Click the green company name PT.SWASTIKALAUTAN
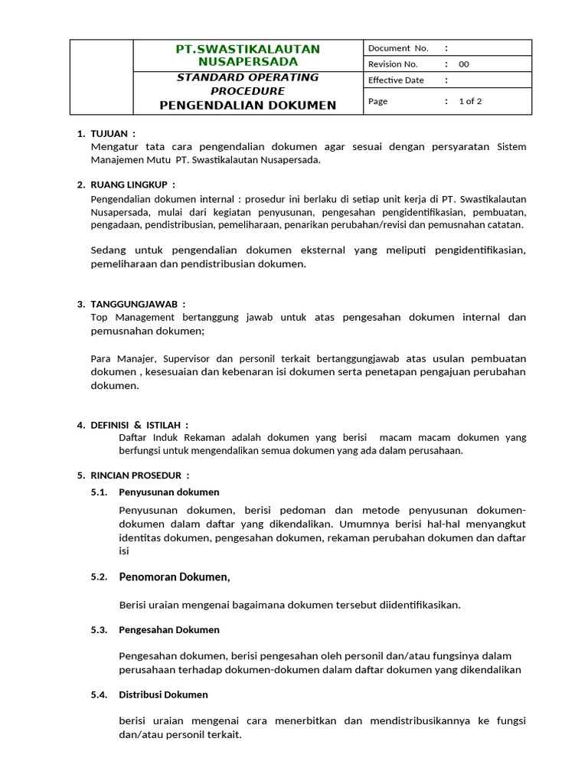point(248,49)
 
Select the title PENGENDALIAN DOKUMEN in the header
point(247,105)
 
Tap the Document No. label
point(398,48)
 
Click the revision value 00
point(464,64)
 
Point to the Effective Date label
point(396,80)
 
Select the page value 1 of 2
point(470,101)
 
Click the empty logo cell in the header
point(102,77)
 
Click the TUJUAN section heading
point(113,133)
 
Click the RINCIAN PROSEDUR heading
point(140,475)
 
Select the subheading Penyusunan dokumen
point(169,492)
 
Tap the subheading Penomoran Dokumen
point(174,577)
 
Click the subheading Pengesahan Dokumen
point(169,629)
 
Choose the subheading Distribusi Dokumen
point(163,694)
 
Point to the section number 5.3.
point(99,629)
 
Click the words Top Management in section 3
point(127,317)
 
